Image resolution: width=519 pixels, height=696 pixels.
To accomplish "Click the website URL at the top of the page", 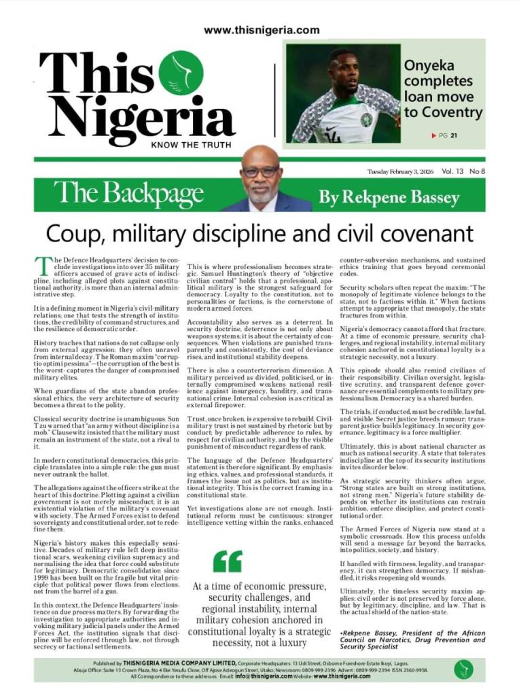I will (x=262, y=30).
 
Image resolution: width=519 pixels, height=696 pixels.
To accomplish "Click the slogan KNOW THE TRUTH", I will (x=191, y=145).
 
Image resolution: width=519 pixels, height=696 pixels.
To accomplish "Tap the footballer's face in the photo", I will (x=343, y=69).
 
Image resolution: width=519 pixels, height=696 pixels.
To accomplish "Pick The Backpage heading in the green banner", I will (x=128, y=194).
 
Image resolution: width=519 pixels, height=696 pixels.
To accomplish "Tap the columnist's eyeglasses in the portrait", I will (x=259, y=172).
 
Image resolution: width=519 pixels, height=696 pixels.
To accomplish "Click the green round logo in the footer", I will (x=464, y=669).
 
